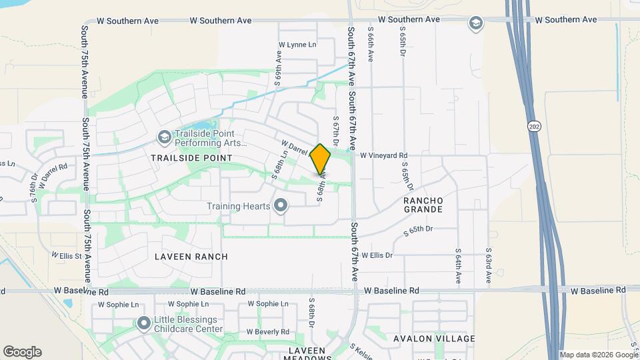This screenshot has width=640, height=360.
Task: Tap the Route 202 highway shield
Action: pos(533,127)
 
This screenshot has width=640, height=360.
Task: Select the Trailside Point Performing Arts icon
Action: pos(164,137)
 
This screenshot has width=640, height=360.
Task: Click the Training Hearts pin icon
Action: pos(281,205)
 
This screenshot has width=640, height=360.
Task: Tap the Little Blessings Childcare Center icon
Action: pos(143,324)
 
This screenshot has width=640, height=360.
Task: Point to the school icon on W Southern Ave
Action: pos(475,24)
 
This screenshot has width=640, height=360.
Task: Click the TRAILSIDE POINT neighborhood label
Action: pos(191,158)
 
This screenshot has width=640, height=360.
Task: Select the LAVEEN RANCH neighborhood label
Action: pos(191,257)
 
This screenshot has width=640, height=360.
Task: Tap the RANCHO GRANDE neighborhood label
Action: pos(423,205)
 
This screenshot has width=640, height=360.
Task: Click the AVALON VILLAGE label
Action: pos(434,339)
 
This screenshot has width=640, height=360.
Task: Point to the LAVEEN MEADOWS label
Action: pos(307,354)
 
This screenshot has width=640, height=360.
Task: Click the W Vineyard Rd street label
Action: pos(383,155)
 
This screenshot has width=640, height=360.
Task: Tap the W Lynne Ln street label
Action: pos(297,45)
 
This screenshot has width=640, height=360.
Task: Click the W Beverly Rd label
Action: pos(267,332)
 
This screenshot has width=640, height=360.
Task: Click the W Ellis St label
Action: pos(66,255)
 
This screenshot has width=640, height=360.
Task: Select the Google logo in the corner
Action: pos(22,352)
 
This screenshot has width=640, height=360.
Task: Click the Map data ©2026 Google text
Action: pos(599,355)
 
